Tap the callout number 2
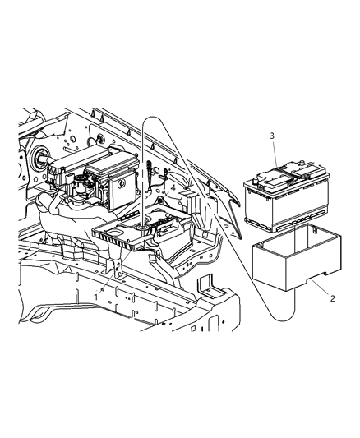(x=332, y=298)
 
